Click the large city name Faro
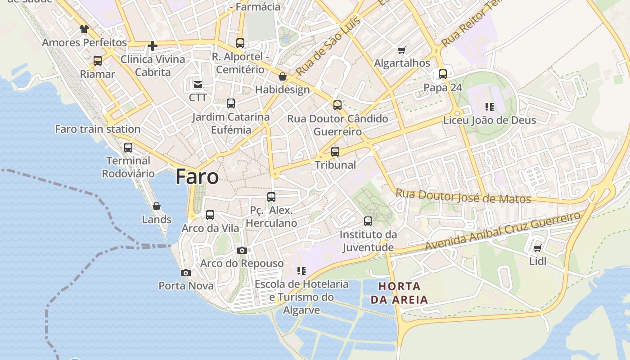pos(197,176)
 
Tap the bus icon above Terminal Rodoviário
pos(128,148)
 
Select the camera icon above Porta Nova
pos(185,273)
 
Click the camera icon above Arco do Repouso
pos(242,250)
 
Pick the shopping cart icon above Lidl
pos(537,248)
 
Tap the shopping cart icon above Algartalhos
pos(402,50)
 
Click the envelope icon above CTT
pos(198,84)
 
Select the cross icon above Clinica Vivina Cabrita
pos(153,45)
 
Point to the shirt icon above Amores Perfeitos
pos(84,30)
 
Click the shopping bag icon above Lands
pos(157,206)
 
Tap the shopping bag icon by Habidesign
pos(282,76)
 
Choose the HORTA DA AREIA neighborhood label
pos(399,292)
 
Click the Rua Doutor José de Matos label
pos(463,196)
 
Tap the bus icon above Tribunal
pos(335,152)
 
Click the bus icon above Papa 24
pos(443,74)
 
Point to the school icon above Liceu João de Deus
pos(489,107)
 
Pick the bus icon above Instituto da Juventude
pos(368,221)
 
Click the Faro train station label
pos(98,129)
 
